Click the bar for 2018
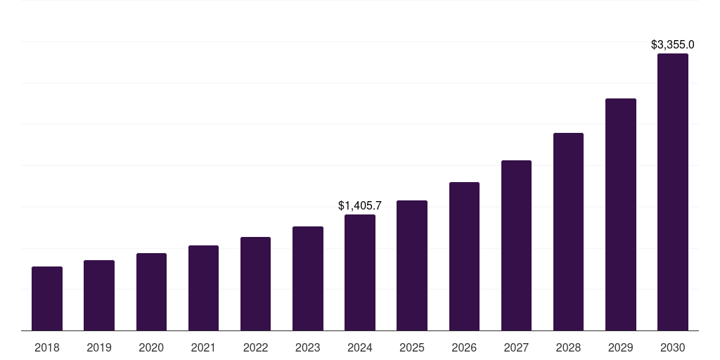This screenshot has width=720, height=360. pos(47,299)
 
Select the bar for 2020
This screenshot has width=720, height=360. pos(151,292)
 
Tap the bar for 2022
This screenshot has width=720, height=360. pos(255,284)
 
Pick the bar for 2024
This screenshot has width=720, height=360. pos(360,273)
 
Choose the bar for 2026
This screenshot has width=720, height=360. pos(464,257)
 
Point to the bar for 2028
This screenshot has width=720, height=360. pos(568,232)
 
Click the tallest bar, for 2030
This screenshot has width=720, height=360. pos(673,192)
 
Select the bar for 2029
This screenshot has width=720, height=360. pos(620,214)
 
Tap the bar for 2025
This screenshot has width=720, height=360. pos(412,266)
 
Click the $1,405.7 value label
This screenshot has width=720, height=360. pos(360,206)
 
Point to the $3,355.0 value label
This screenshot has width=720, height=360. pos(673,45)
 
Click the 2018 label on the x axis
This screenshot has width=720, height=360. pos(47,347)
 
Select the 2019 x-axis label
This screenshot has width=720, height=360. pos(99,347)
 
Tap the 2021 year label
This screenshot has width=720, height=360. pos(203,347)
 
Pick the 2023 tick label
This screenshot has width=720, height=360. pos(308,347)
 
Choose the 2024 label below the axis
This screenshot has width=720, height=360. pos(360,347)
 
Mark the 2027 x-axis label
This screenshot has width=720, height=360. pos(516,347)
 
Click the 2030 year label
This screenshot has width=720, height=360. pos(673,347)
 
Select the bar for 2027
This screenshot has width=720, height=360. pos(516,245)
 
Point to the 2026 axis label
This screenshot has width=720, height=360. pos(464,347)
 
